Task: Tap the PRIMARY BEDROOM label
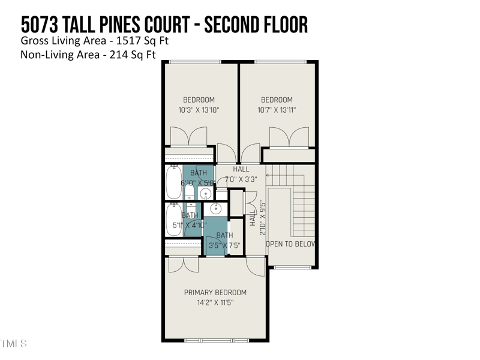215,293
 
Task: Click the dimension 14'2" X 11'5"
215,303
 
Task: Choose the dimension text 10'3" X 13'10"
199,110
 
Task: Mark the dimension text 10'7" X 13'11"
277,110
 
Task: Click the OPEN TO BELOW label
291,244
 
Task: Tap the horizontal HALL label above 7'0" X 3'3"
241,169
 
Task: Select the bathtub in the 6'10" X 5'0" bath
173,182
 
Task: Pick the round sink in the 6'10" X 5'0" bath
205,193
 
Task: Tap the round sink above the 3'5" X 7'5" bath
216,209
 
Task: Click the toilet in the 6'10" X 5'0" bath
189,192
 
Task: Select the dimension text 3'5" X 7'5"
224,245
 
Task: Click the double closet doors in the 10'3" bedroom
189,136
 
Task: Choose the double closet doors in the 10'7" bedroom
289,137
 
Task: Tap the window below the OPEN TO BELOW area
292,268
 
